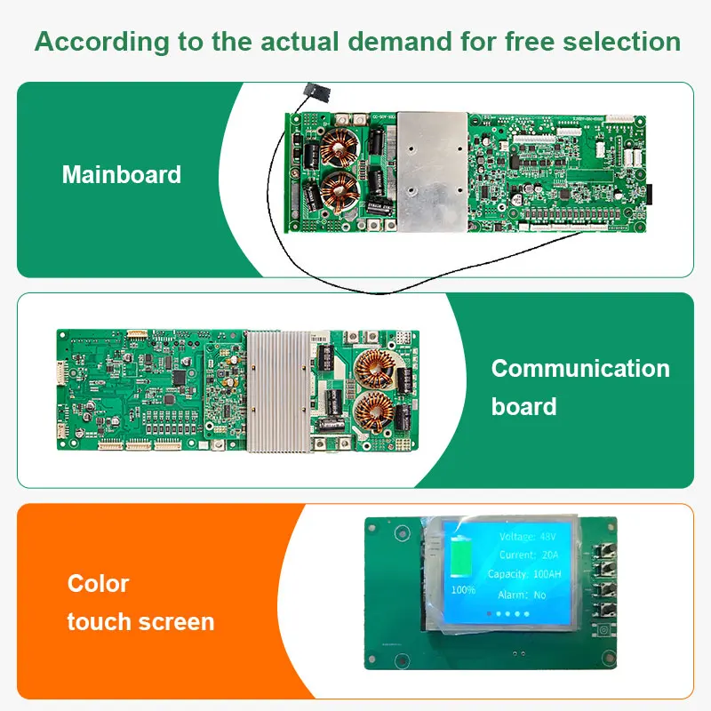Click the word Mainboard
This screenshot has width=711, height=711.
click(121, 174)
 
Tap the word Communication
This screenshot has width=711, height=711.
click(580, 368)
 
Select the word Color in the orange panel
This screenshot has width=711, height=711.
click(98, 584)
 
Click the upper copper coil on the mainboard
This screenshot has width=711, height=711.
click(339, 148)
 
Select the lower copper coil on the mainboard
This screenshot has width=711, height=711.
click(340, 189)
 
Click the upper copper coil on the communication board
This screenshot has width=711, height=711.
click(374, 369)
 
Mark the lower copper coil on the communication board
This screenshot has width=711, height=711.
click(374, 412)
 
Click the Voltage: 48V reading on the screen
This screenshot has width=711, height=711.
click(529, 537)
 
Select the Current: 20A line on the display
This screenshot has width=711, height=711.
click(529, 555)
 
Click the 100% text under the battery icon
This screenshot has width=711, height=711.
click(463, 589)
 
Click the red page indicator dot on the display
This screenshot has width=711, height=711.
click(487, 613)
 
